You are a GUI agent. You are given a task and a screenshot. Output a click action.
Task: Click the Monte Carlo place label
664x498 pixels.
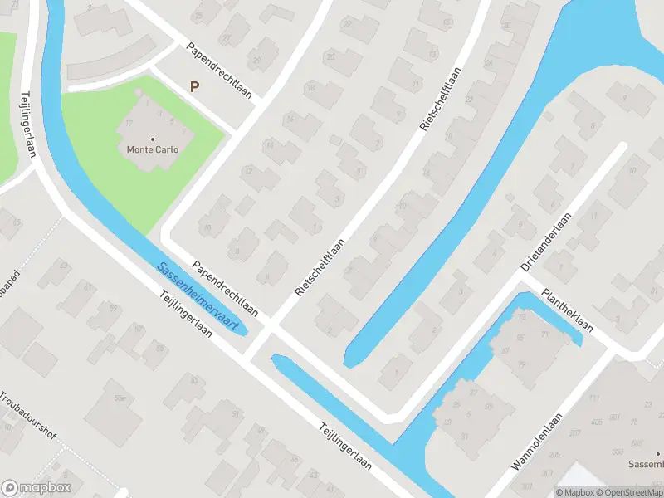152,150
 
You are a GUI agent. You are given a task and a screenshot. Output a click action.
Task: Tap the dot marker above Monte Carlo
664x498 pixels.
152,139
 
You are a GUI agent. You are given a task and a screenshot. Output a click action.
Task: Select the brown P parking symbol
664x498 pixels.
195,86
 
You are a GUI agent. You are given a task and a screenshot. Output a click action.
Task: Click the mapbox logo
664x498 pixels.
37,487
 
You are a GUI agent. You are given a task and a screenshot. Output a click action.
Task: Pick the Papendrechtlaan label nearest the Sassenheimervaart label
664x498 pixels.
225,289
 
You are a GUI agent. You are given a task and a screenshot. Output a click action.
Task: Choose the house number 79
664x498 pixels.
522,318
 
